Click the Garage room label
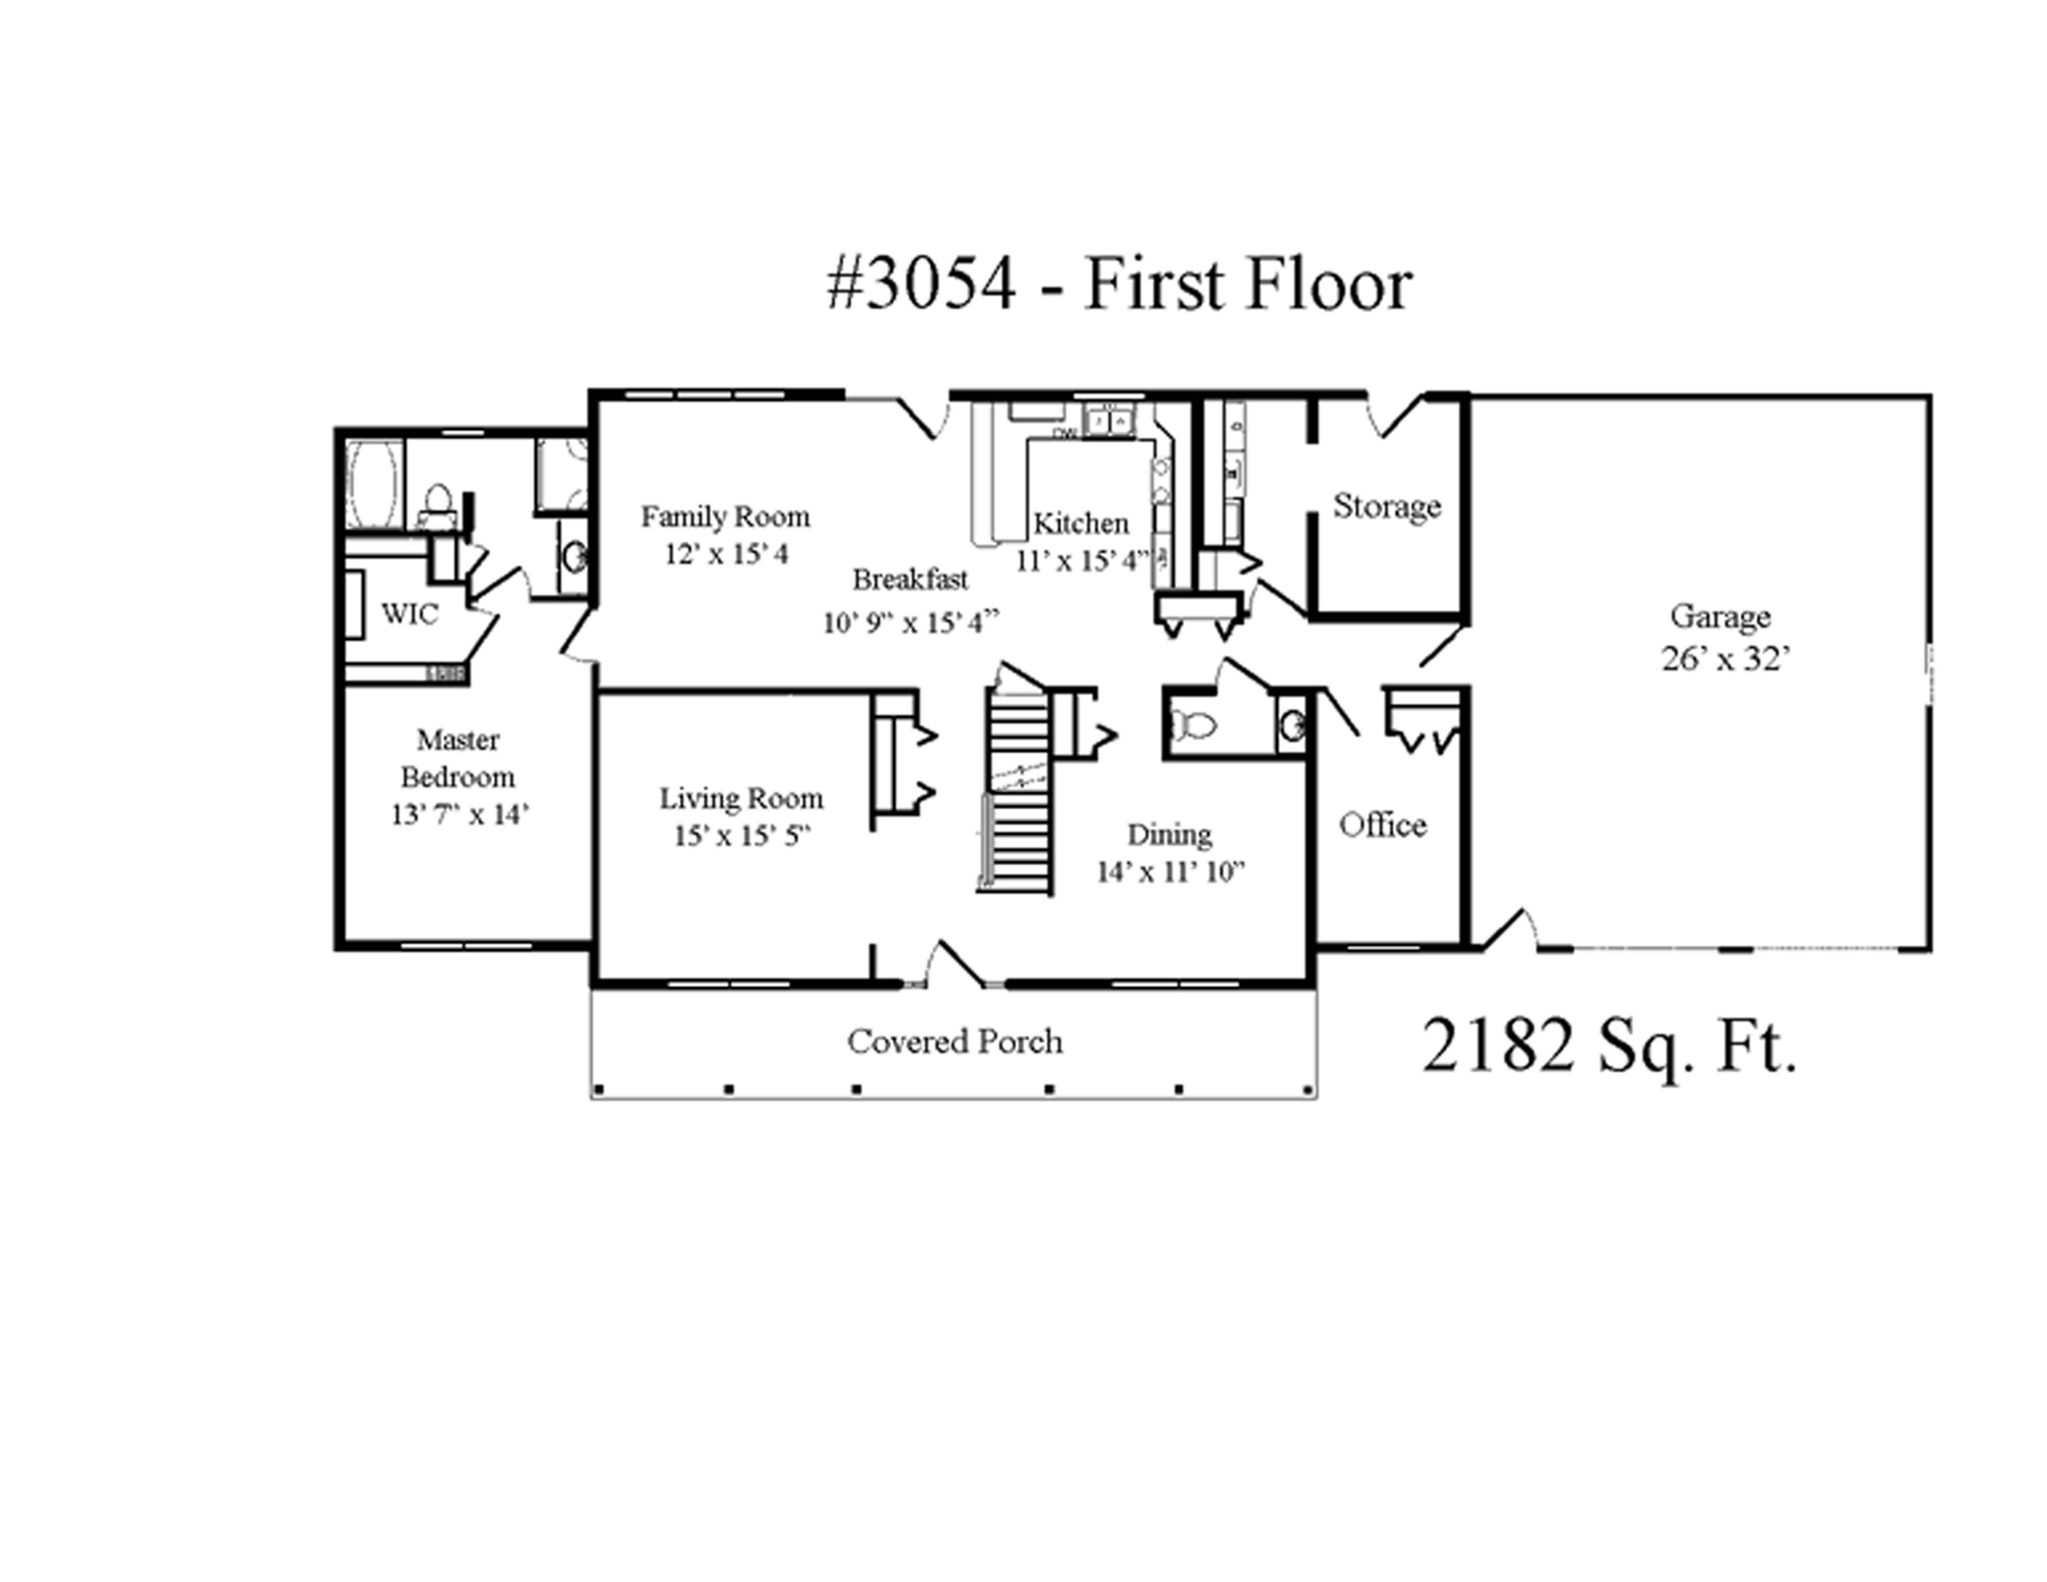pyautogui.click(x=1720, y=617)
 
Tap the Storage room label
pyautogui.click(x=1387, y=506)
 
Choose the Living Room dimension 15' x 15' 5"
pyautogui.click(x=741, y=835)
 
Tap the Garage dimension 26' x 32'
pyautogui.click(x=1726, y=659)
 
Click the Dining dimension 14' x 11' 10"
pyautogui.click(x=1171, y=872)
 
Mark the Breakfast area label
pyautogui.click(x=910, y=579)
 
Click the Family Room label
pyautogui.click(x=726, y=516)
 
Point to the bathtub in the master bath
pyautogui.click(x=373, y=485)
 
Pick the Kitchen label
pyautogui.click(x=1081, y=523)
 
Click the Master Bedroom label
pyautogui.click(x=457, y=758)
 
